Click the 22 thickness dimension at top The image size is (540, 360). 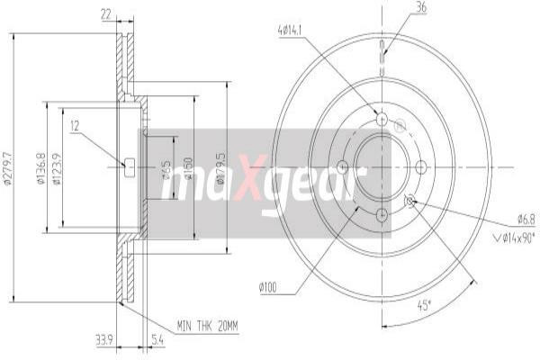point(106,15)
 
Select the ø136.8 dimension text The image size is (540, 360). point(41,166)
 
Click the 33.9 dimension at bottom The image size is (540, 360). point(104,342)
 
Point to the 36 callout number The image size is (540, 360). point(421,8)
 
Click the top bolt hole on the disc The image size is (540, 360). point(382,119)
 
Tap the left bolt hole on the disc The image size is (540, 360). point(342,166)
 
